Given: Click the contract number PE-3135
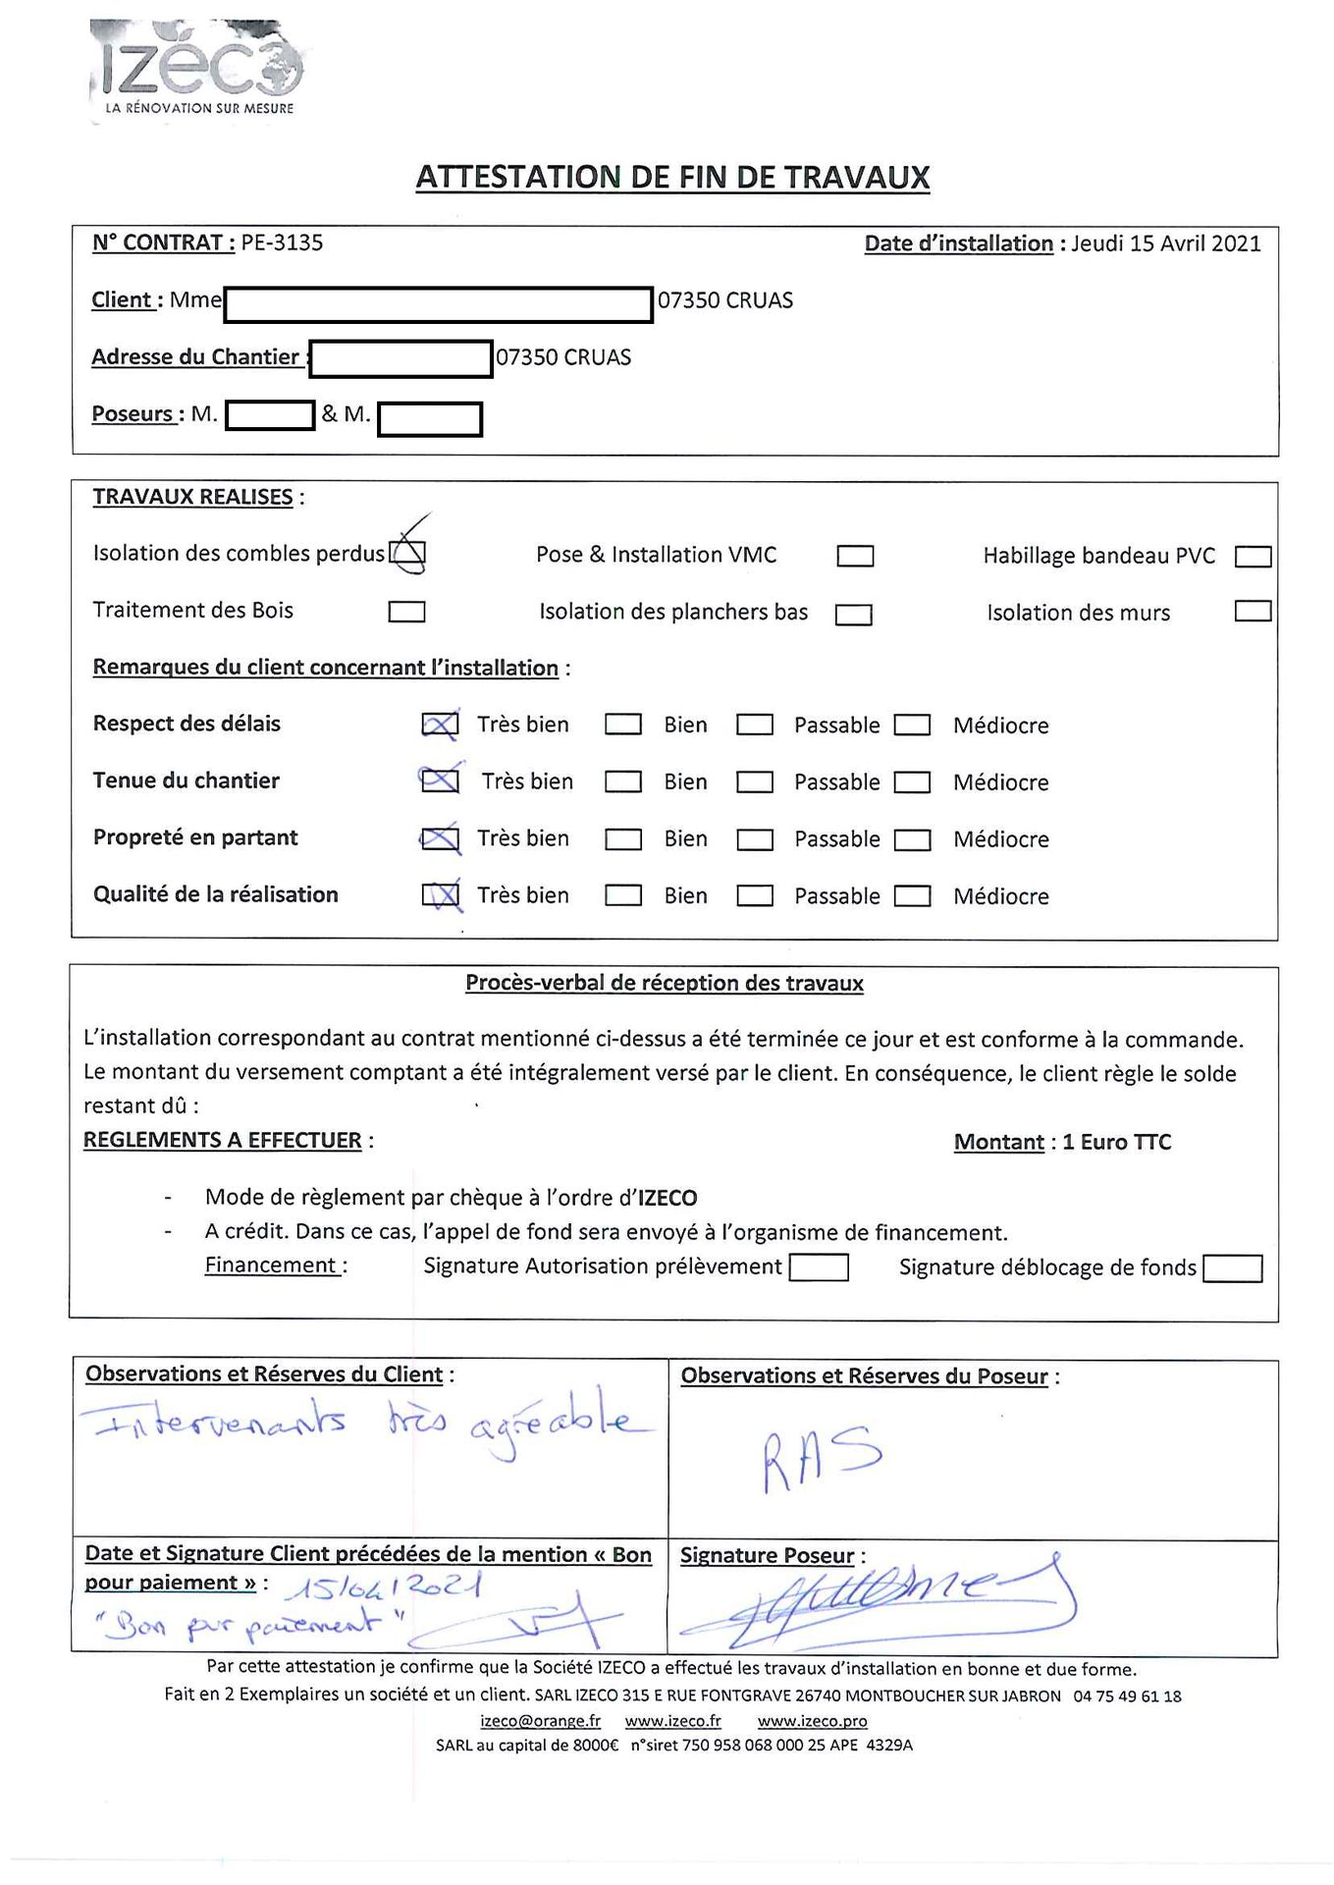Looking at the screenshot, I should [282, 242].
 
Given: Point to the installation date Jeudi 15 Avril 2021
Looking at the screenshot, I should [1165, 243].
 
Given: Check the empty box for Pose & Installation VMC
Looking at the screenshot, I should [855, 557].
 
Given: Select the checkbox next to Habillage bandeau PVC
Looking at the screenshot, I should [1253, 557].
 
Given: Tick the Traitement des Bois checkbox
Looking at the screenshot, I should [406, 613].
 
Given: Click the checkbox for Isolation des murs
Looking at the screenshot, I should [1253, 612].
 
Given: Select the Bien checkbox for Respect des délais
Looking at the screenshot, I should [623, 725].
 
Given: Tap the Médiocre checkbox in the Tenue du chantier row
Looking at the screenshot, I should [912, 782].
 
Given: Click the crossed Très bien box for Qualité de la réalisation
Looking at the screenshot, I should [440, 894].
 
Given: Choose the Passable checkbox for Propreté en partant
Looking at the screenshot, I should [755, 839].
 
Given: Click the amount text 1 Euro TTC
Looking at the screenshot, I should [1116, 1142].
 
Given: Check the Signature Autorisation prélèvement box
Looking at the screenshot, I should [819, 1267].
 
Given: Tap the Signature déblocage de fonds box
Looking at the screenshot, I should [1232, 1268].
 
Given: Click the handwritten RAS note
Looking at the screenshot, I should [822, 1457].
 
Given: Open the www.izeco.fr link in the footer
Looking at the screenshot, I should [672, 1721].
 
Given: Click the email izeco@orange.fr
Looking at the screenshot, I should [540, 1721].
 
